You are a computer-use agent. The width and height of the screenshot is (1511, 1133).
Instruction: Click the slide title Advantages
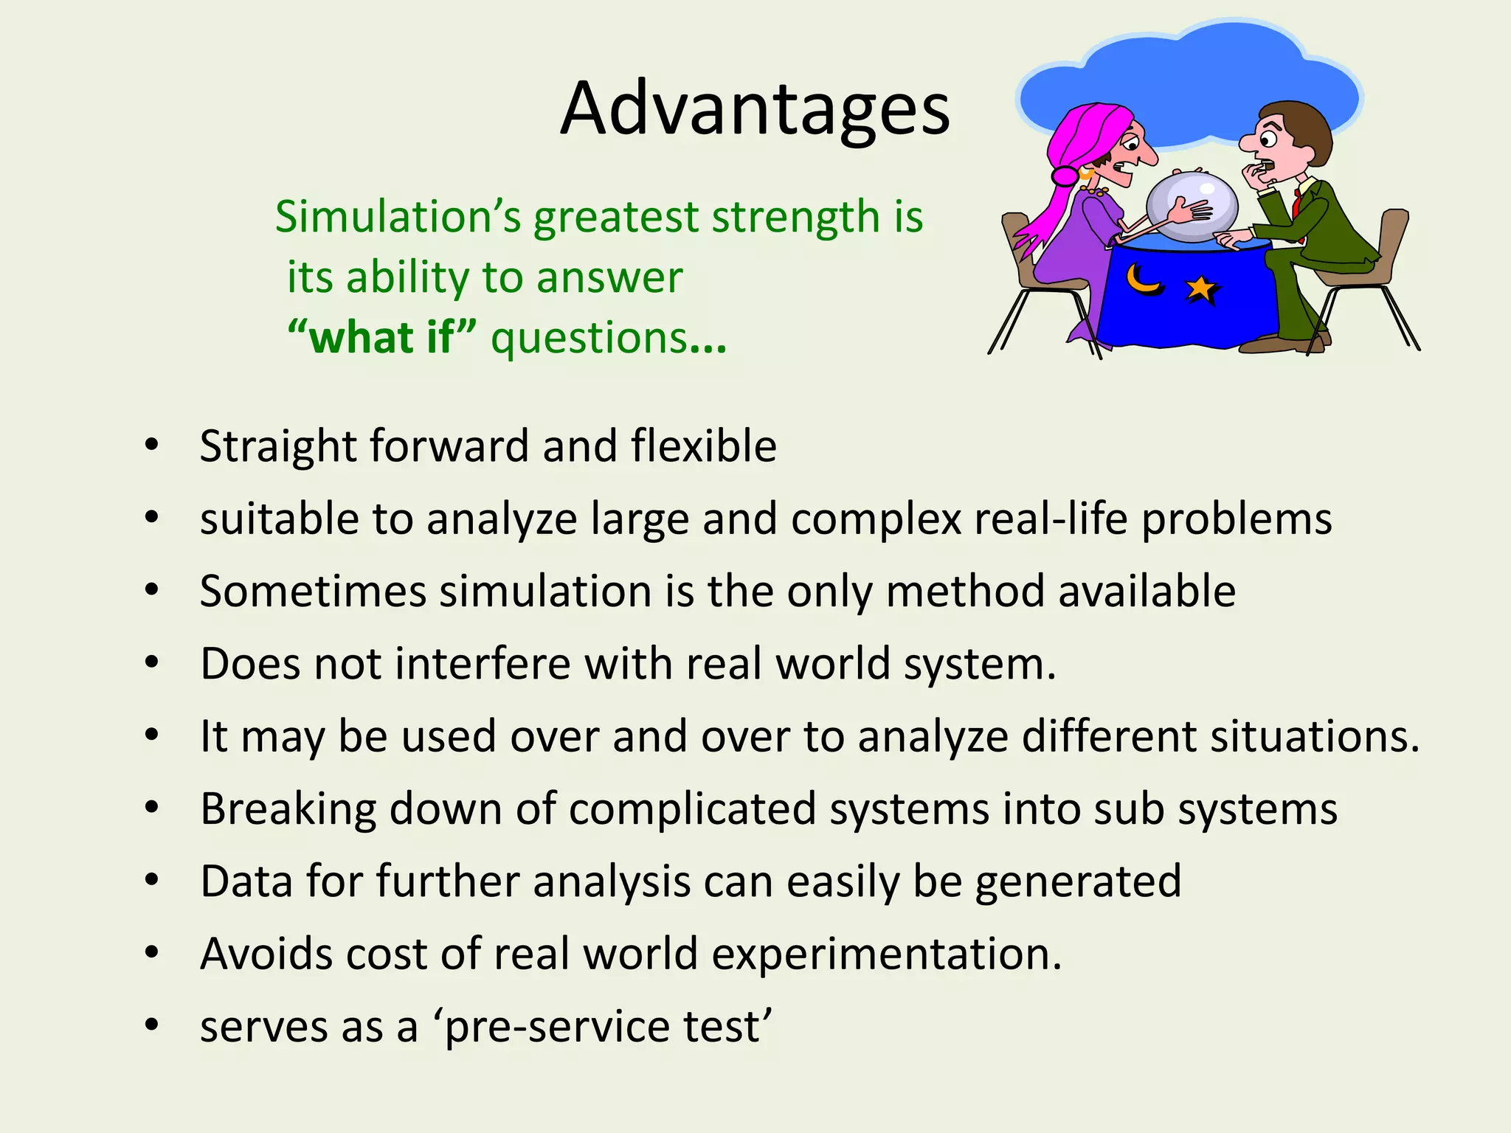click(755, 109)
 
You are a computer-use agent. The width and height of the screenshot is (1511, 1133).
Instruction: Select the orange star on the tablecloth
click(1201, 288)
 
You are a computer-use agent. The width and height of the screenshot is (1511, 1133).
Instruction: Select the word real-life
click(1051, 519)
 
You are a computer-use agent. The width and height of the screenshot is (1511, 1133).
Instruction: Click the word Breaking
click(288, 810)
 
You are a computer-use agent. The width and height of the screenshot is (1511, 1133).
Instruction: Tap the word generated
click(1078, 881)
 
